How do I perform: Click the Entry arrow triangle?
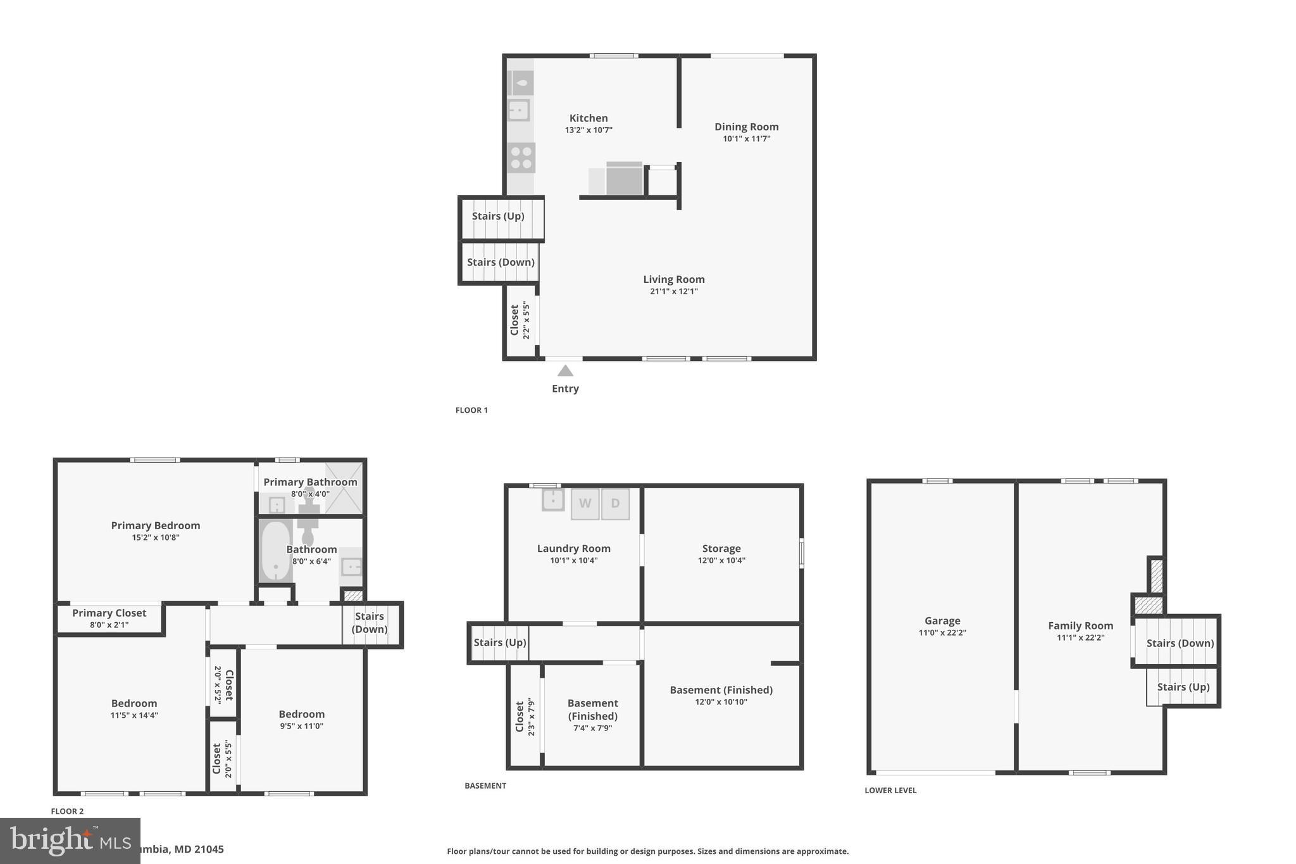pyautogui.click(x=565, y=371)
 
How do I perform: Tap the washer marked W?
pyautogui.click(x=585, y=504)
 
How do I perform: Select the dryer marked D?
pyautogui.click(x=615, y=504)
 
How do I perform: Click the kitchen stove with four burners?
pyautogui.click(x=521, y=158)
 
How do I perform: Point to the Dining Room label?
pyautogui.click(x=746, y=127)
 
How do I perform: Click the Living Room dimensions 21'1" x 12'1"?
pyautogui.click(x=673, y=291)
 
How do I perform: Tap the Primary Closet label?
pyautogui.click(x=109, y=613)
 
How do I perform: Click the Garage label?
pyautogui.click(x=942, y=621)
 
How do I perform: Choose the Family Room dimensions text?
pyautogui.click(x=1080, y=637)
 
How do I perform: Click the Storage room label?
pyautogui.click(x=721, y=549)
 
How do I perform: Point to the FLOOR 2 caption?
pyautogui.click(x=67, y=811)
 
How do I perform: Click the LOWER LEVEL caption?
pyautogui.click(x=890, y=790)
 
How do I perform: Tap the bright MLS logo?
pyautogui.click(x=70, y=841)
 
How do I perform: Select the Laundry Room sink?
pyautogui.click(x=552, y=499)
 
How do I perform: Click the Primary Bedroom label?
pyautogui.click(x=155, y=525)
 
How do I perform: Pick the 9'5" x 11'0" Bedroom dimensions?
pyautogui.click(x=301, y=726)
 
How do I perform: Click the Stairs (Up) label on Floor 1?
pyautogui.click(x=498, y=216)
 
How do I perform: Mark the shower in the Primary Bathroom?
pyautogui.click(x=344, y=487)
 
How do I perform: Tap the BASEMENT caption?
pyautogui.click(x=485, y=786)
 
